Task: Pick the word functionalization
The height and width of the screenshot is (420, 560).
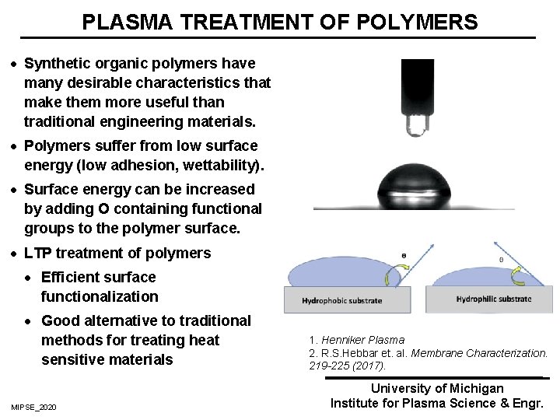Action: tap(99, 296)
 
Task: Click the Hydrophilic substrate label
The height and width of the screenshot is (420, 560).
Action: tap(493, 299)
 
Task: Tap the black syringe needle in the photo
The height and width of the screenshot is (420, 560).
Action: tap(418, 89)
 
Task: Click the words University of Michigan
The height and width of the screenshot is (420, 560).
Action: tap(437, 388)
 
